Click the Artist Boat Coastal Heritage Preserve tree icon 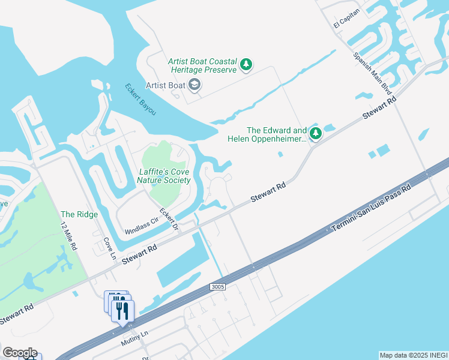(x=246, y=65)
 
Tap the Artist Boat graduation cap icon (x=194, y=85)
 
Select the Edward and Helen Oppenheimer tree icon (x=315, y=134)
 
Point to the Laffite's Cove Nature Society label (x=164, y=176)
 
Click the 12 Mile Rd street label (x=69, y=236)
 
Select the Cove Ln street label (x=109, y=245)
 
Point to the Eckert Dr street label (x=169, y=218)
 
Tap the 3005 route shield (x=218, y=287)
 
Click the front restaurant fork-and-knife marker (x=123, y=311)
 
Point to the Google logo (x=20, y=353)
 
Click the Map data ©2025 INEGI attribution (x=414, y=355)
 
